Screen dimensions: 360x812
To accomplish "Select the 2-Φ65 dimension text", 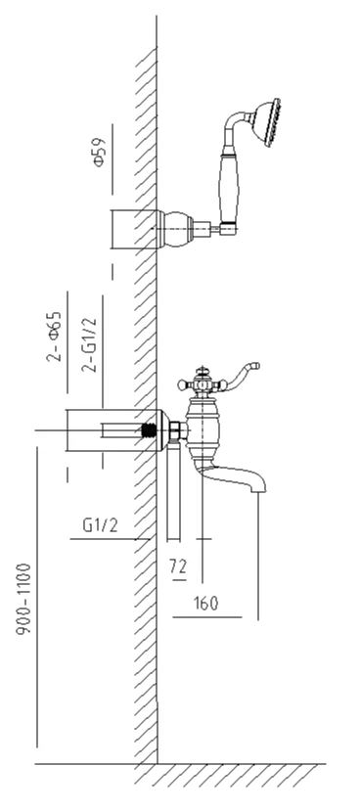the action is pyautogui.click(x=55, y=337).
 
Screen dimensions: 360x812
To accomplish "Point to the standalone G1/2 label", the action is pyautogui.click(x=101, y=525).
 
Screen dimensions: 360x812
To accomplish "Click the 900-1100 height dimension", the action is pyautogui.click(x=23, y=599).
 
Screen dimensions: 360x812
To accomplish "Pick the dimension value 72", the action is pyautogui.click(x=178, y=567).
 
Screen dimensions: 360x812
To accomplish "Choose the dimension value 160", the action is pyautogui.click(x=206, y=604).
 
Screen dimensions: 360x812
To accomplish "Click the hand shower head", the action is pyautogui.click(x=267, y=122).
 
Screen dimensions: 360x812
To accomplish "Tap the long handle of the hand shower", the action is pyautogui.click(x=227, y=188).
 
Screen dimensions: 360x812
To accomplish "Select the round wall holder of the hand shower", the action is pyautogui.click(x=176, y=228).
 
